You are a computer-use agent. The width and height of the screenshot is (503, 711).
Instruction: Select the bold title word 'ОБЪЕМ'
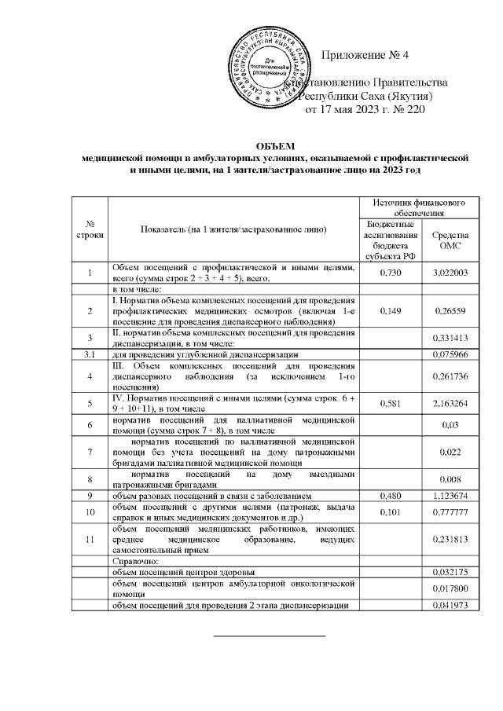point(275,146)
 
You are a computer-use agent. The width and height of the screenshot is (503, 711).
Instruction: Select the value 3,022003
point(451,272)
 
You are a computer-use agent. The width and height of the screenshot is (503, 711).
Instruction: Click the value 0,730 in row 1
point(391,272)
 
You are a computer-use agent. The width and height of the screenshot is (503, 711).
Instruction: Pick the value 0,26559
point(451,311)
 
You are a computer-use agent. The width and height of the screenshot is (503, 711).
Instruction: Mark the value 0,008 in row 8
point(451,480)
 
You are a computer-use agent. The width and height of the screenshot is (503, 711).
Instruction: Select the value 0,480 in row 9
point(391,497)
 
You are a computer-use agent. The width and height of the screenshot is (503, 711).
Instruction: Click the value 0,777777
point(451,513)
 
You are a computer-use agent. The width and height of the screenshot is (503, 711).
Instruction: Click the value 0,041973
point(451,606)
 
